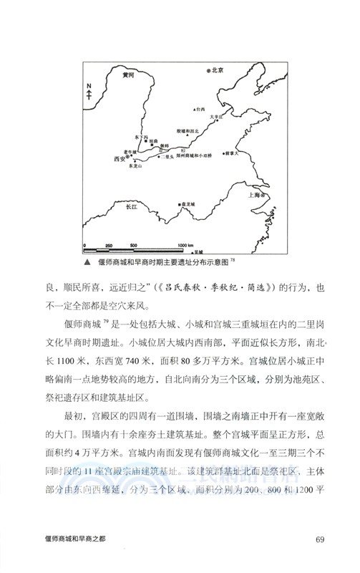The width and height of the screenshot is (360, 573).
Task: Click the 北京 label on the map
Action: (x=219, y=70)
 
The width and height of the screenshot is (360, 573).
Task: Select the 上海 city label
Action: (x=255, y=194)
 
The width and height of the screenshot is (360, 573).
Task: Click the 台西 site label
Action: (x=200, y=109)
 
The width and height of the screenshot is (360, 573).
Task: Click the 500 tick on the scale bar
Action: (x=133, y=245)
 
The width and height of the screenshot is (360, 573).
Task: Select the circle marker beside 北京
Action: (x=208, y=71)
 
